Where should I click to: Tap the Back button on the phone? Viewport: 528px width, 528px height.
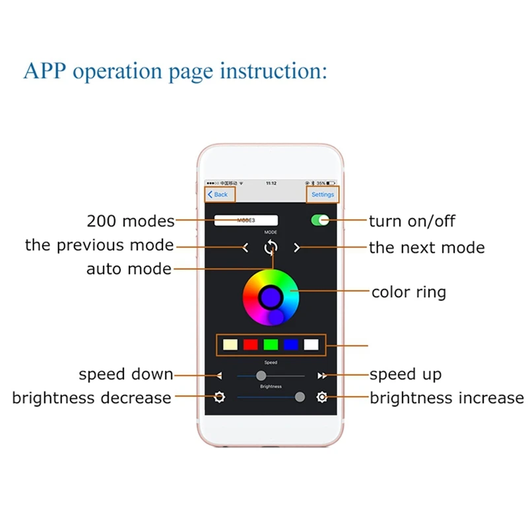[x=218, y=195]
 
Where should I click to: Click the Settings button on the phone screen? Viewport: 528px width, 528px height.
[x=323, y=195]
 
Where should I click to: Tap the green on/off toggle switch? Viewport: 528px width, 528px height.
[x=320, y=220]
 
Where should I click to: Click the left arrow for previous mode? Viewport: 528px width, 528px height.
[x=246, y=247]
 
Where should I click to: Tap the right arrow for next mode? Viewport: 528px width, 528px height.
[x=297, y=247]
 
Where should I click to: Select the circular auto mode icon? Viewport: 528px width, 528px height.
[x=271, y=247]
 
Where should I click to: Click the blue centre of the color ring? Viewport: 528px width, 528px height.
[x=271, y=297]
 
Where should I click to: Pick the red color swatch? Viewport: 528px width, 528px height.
[x=250, y=345]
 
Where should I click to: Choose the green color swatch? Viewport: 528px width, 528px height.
[x=271, y=345]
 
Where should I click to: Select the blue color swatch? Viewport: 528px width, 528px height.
[x=290, y=345]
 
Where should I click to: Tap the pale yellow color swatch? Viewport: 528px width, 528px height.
[x=230, y=345]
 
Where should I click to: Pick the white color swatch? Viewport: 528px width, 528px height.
[x=311, y=345]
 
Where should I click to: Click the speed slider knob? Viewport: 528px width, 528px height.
[x=261, y=376]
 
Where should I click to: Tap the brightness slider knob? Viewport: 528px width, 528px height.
[x=300, y=397]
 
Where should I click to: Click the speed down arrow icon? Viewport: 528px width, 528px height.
[x=220, y=376]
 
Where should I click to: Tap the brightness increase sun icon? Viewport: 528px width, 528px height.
[x=321, y=397]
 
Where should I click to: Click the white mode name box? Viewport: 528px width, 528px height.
[x=246, y=220]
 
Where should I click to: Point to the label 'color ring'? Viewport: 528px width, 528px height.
[x=409, y=292]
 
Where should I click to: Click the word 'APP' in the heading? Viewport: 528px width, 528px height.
[x=45, y=71]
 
